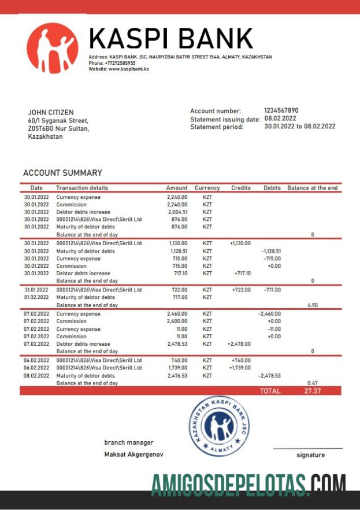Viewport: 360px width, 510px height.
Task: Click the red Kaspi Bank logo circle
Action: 52,49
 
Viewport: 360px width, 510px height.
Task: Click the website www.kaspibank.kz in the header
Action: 127,69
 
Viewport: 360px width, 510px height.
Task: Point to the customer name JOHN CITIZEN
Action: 51,113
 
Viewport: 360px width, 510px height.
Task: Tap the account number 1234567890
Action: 281,110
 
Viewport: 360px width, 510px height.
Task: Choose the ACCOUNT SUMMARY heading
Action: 62,173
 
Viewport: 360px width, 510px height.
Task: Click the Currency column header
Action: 207,188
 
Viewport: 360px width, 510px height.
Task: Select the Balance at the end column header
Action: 312,188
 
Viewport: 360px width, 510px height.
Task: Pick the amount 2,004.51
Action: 177,212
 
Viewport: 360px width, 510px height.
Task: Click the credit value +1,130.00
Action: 240,243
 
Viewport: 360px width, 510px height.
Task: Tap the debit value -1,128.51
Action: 270,251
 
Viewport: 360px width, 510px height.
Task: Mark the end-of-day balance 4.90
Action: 312,305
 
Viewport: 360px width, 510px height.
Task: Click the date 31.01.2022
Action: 36,290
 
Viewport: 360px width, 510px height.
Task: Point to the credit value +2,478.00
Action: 239,344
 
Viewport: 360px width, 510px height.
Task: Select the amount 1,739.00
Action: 177,368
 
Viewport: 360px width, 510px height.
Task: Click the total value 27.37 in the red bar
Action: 312,391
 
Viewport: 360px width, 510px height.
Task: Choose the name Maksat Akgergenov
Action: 133,454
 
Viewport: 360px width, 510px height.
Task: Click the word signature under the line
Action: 310,455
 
